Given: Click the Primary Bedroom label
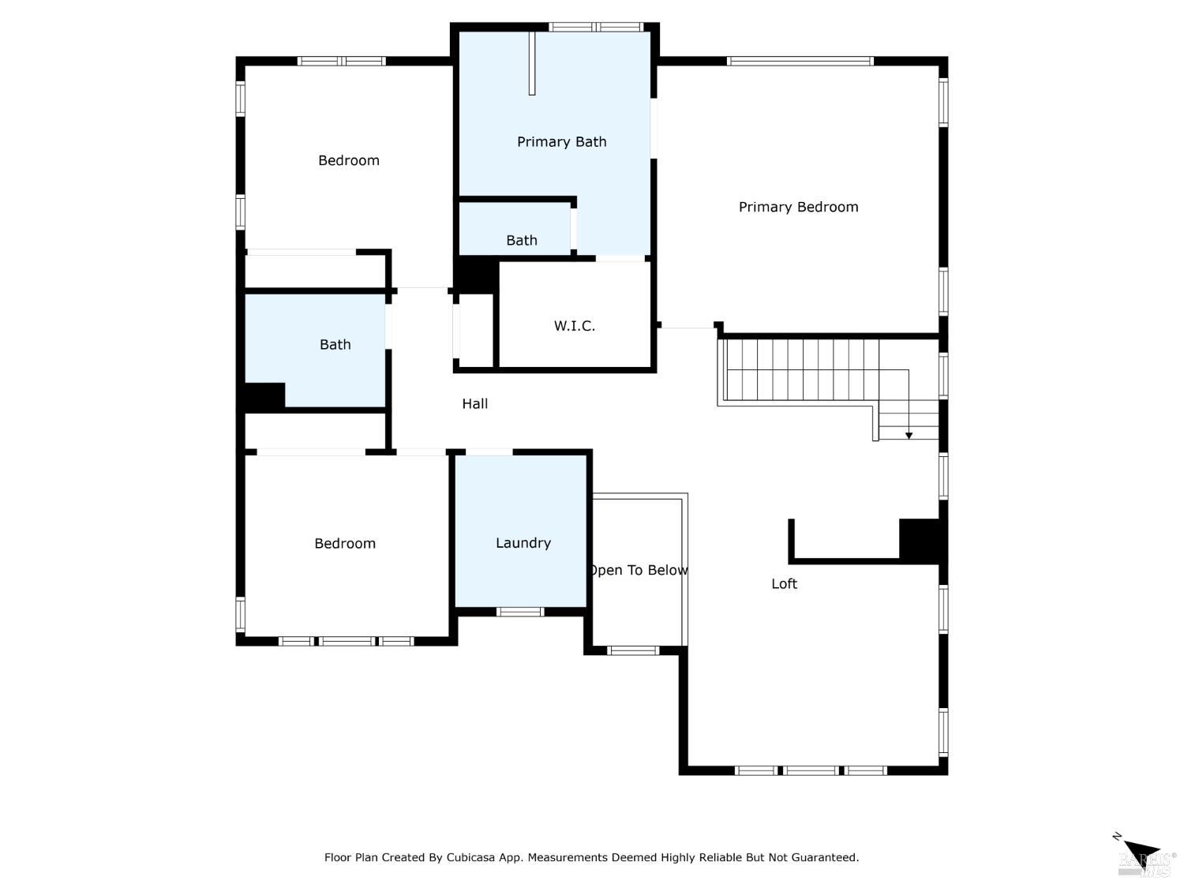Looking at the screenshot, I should [x=798, y=207].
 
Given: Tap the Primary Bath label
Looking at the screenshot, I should [x=561, y=142].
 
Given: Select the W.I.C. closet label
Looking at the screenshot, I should [x=574, y=326].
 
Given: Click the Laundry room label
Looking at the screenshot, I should [x=523, y=543].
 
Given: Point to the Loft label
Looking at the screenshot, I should [x=784, y=584].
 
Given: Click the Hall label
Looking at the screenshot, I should [x=474, y=404].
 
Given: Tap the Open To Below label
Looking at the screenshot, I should [x=638, y=570].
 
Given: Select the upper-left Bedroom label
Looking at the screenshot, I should [x=348, y=161].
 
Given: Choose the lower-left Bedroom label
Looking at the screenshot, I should [x=344, y=544].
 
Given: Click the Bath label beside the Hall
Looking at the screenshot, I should [x=335, y=345].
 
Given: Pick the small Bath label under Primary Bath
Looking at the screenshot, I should [x=521, y=241].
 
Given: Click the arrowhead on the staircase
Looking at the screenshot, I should [x=909, y=435].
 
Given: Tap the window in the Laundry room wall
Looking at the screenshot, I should [x=519, y=612].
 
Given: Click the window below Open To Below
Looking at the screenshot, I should [x=632, y=651].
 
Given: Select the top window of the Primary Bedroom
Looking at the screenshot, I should [x=800, y=61].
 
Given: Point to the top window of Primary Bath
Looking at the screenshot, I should [x=596, y=27].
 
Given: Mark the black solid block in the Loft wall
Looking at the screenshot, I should [x=920, y=541].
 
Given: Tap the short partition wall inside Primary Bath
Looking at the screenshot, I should [x=532, y=63].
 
